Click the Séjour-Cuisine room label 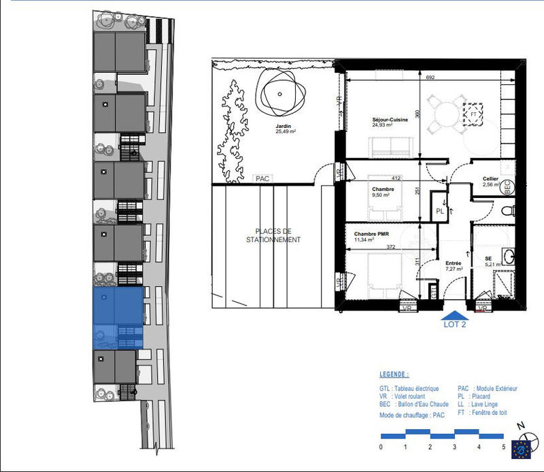tap(390, 120)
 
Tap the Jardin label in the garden tap(284, 126)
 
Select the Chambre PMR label tap(372, 233)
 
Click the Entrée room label tap(454, 263)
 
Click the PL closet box tap(441, 211)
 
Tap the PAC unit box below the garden tap(262, 178)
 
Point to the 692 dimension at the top tap(430, 78)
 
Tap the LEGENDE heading tap(394, 375)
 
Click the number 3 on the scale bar tap(455, 447)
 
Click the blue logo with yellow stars tap(522, 449)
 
